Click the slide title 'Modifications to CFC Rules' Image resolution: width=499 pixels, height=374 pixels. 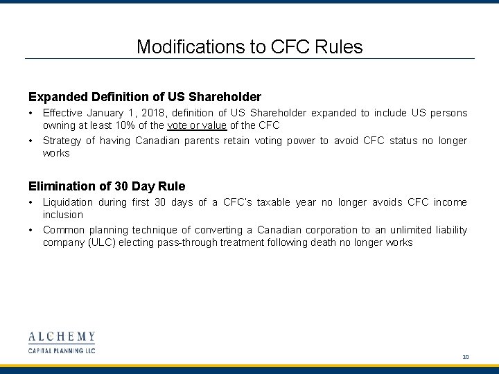(249, 46)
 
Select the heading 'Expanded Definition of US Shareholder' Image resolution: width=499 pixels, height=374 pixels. (144, 96)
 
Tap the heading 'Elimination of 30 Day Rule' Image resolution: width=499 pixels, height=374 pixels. (107, 186)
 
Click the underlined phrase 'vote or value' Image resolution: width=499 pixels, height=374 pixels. (197, 125)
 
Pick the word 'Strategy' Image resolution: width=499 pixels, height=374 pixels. (62, 141)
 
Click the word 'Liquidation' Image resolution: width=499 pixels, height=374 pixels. (67, 202)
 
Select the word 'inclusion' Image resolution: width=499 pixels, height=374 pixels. (62, 215)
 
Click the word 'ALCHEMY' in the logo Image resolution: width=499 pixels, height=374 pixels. (62, 337)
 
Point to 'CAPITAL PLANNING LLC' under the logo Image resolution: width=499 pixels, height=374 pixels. (62, 350)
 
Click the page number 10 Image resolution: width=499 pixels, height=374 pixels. (466, 357)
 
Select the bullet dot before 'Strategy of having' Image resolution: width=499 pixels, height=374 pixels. (31, 141)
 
